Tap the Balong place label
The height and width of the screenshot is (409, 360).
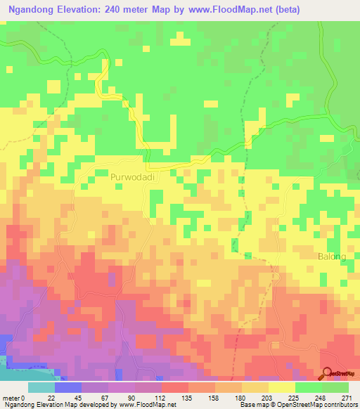coord(332,257)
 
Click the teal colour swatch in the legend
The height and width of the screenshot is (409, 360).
coord(41,387)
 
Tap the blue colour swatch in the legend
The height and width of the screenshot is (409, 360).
coord(67,387)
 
